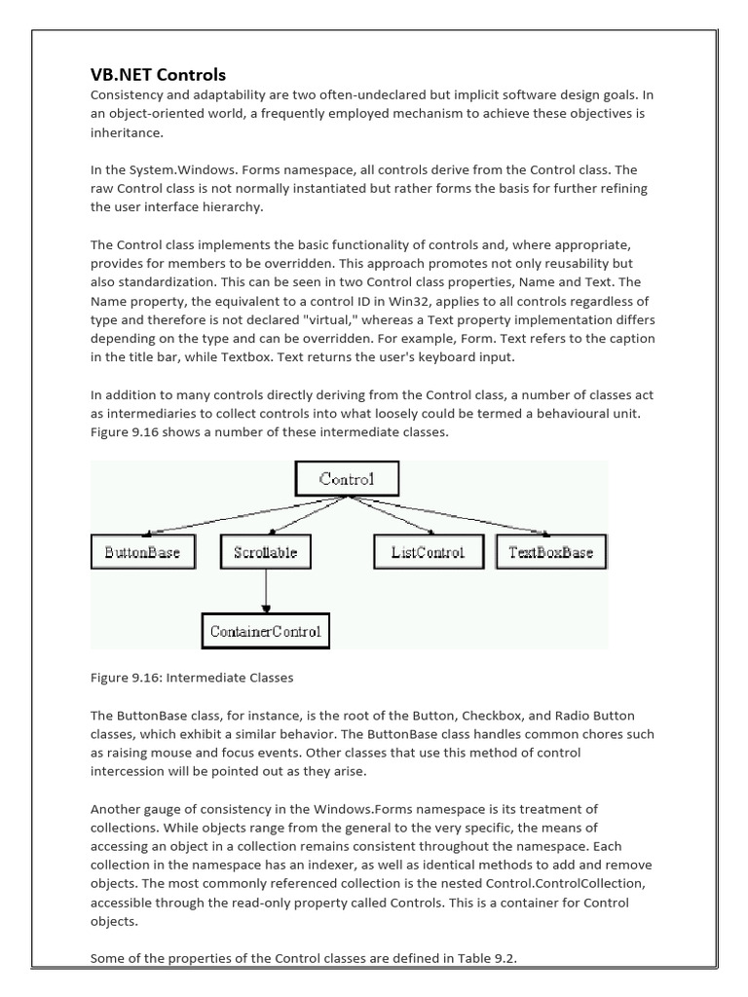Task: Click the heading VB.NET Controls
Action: [x=158, y=75]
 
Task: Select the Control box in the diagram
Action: [x=346, y=477]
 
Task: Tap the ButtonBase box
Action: [x=142, y=552]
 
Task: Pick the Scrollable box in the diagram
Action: [x=266, y=552]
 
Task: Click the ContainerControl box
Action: [x=266, y=631]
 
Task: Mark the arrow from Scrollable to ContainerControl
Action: [x=266, y=591]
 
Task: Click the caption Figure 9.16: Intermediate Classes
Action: [x=192, y=677]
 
